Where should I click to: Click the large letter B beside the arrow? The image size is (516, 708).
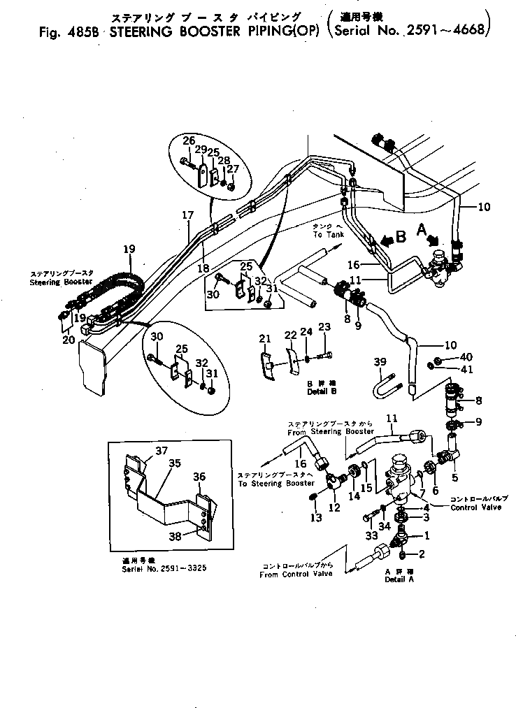coord(401,237)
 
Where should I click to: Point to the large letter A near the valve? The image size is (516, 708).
coord(422,229)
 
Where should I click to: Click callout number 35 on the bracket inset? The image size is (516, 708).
coord(174,462)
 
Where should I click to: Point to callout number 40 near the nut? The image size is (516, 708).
coord(466,356)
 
